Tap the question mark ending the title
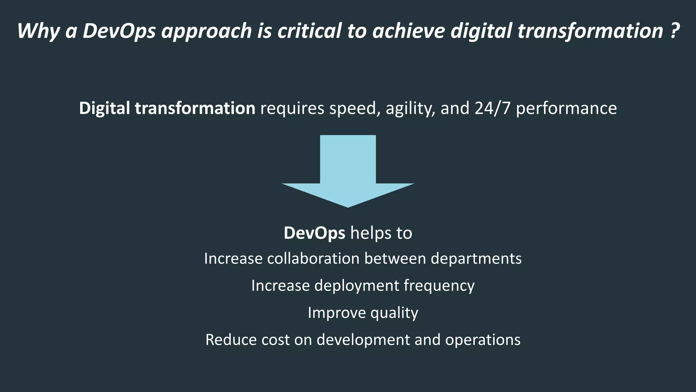point(675,31)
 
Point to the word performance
point(566,109)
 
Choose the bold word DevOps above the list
point(314,233)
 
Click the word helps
point(371,233)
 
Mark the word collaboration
point(313,259)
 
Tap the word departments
point(476,259)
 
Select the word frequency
point(439,286)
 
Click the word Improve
point(336,313)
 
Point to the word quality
point(394,313)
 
